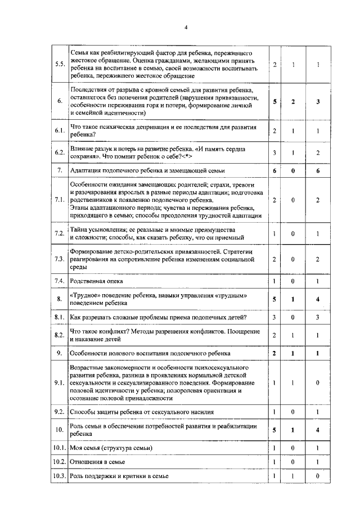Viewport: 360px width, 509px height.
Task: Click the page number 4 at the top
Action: coord(185,28)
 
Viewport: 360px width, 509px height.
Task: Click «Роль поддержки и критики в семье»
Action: coord(119,476)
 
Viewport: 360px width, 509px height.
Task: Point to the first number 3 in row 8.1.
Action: coord(274,317)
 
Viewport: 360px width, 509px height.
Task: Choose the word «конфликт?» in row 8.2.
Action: coord(114,332)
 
